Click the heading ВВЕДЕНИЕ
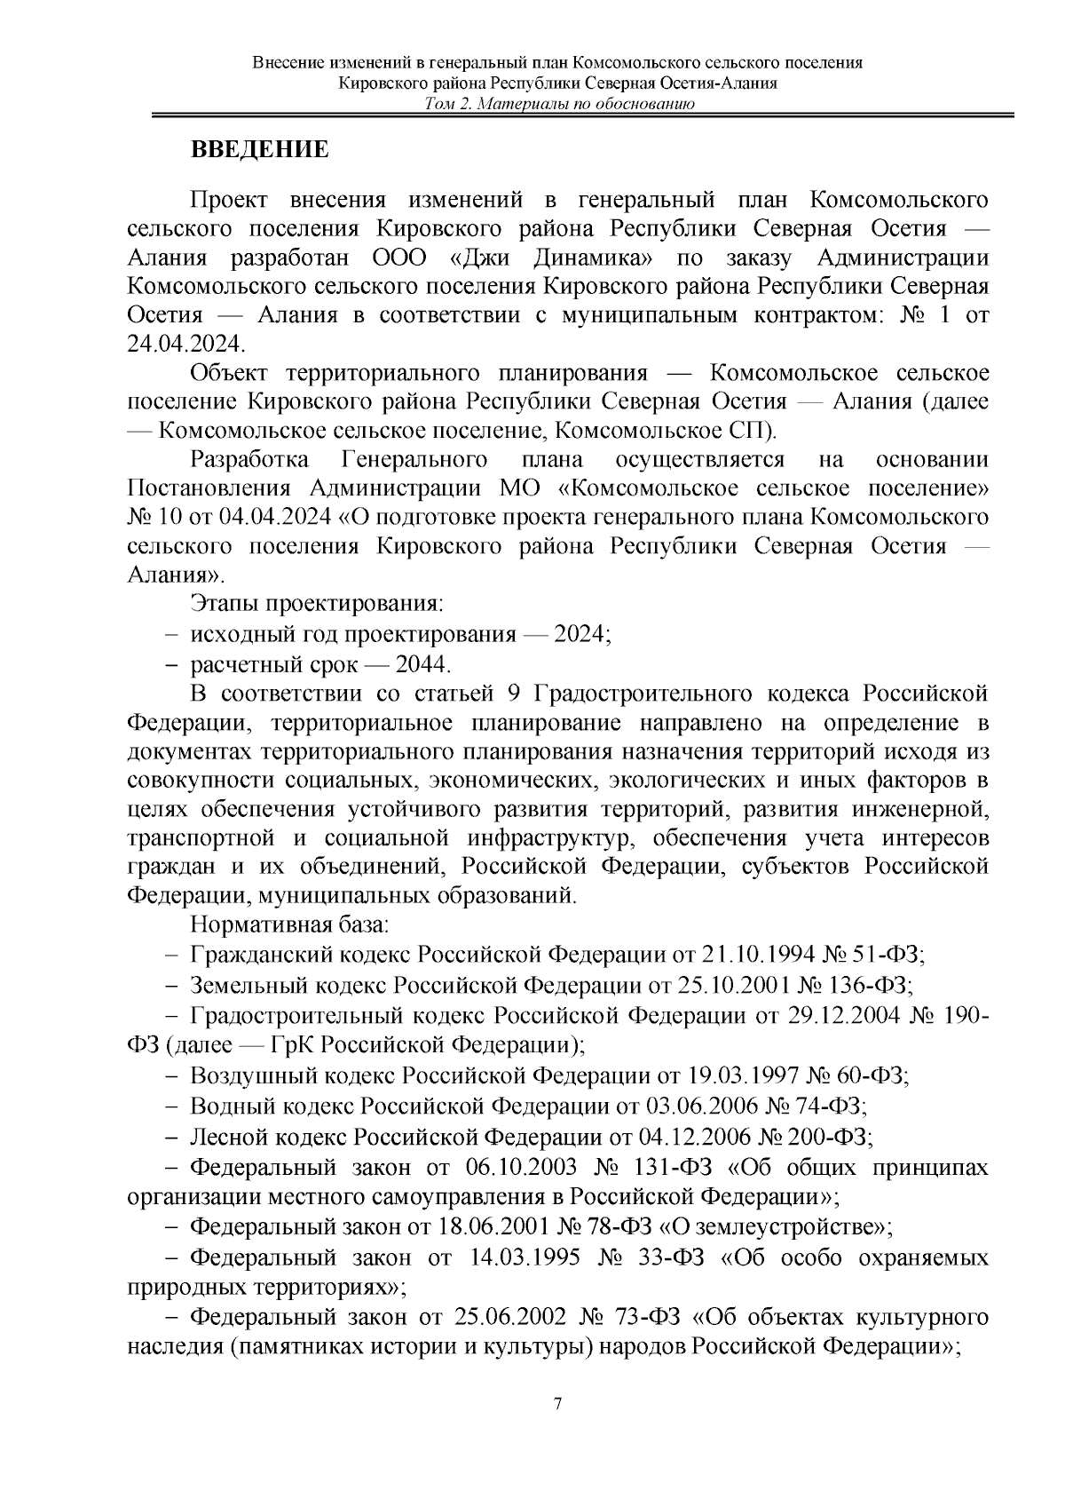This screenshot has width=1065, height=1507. (x=260, y=149)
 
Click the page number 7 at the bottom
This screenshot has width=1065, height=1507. (x=557, y=1404)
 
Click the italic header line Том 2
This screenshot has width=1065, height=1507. (x=558, y=105)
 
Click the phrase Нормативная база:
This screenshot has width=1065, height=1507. (x=289, y=924)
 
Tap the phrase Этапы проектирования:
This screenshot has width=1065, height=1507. (x=317, y=605)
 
